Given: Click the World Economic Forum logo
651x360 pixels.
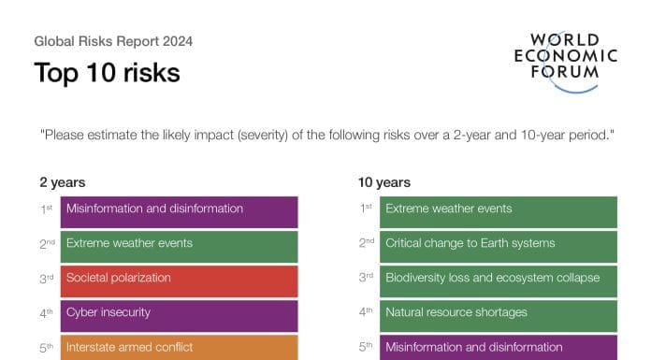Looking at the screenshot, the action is tap(566, 62).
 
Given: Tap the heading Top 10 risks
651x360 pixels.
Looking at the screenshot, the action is tap(108, 73).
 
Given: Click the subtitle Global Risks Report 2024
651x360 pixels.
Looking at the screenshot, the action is tap(113, 41).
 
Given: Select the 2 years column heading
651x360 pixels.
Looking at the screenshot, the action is tap(63, 182).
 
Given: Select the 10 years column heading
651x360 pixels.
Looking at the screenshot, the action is tap(384, 182).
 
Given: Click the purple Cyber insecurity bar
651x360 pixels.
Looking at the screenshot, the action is tap(179, 316).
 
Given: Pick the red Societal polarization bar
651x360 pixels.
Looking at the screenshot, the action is tap(179, 281).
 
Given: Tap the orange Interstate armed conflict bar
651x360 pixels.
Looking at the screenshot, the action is tap(179, 348).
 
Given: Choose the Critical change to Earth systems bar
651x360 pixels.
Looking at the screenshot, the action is tap(499, 247).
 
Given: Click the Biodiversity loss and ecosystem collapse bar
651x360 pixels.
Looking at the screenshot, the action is tap(499, 281).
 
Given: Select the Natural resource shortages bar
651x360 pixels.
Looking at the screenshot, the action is tap(499, 316).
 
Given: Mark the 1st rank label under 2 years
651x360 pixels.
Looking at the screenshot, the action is tap(47, 209).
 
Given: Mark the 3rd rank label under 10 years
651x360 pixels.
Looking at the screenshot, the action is tap(366, 278).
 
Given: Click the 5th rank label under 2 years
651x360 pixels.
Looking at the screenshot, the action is tap(47, 348).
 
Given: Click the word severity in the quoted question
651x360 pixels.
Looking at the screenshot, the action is tap(263, 136).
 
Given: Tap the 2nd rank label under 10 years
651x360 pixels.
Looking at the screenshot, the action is tap(367, 243).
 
